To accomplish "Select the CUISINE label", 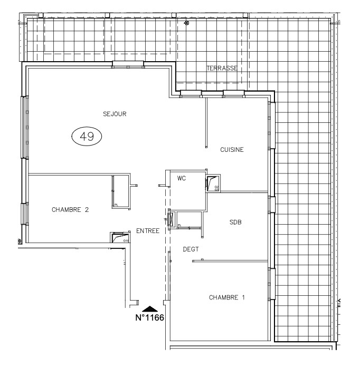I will [x=232, y=150].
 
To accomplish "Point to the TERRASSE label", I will [x=221, y=69].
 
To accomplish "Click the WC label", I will [x=181, y=178].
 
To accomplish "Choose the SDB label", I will [x=235, y=222].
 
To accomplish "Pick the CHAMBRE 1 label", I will [x=226, y=297].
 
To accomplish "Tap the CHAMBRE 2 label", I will [x=70, y=209].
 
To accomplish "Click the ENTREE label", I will [x=147, y=231].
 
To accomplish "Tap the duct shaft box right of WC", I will [x=213, y=183].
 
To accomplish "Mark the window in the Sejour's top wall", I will [x=128, y=64].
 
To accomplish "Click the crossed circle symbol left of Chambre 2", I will [x=19, y=241].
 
